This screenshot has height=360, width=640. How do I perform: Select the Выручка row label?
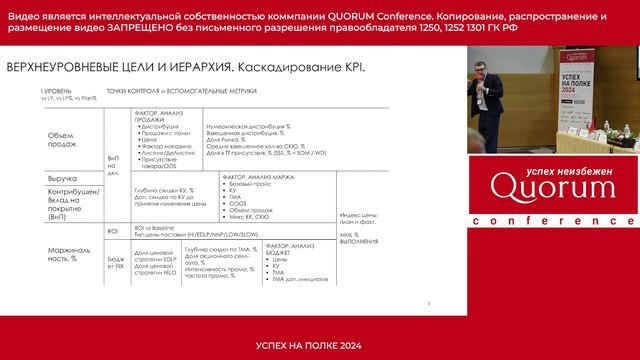tap(63, 178)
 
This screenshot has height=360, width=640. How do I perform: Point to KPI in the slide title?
tap(353, 68)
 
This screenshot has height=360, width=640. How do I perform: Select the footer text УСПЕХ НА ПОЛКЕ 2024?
tap(320, 345)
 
